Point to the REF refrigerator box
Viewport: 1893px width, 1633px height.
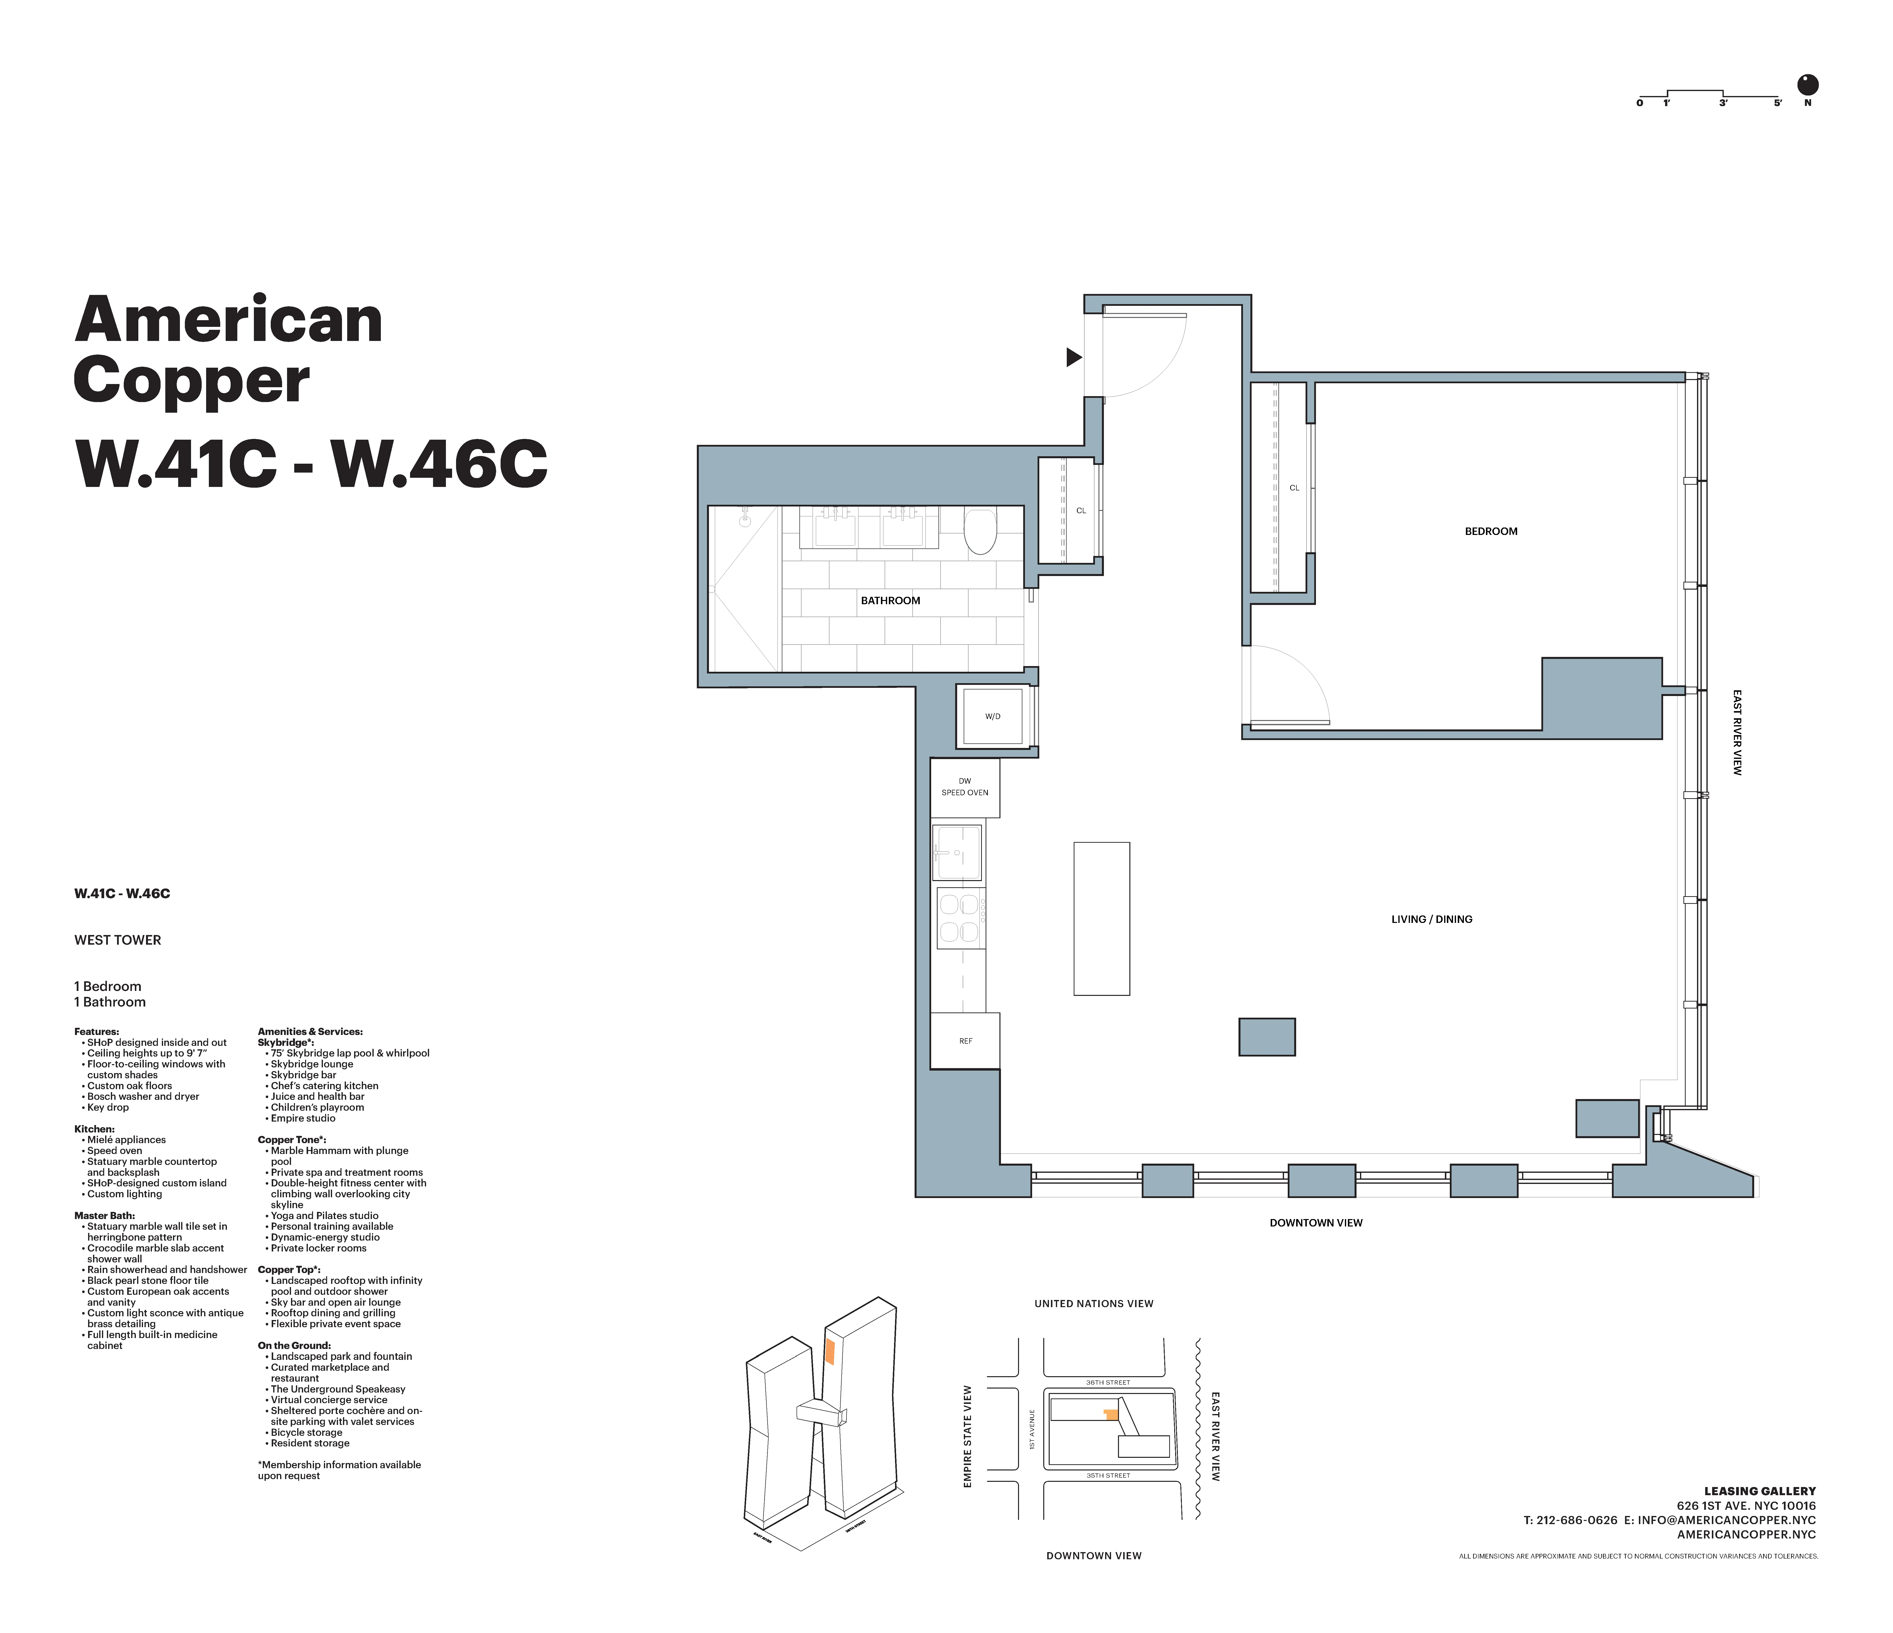pos(965,1041)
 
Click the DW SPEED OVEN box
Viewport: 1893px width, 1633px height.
pos(965,787)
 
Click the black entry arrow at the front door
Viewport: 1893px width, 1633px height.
pos(1073,357)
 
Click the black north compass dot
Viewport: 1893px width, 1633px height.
pos(1807,85)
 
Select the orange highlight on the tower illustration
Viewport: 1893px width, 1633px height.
pos(829,1352)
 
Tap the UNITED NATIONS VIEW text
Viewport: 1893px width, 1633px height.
pos(1093,1304)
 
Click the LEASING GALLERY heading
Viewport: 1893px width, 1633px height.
pos(1760,1491)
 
